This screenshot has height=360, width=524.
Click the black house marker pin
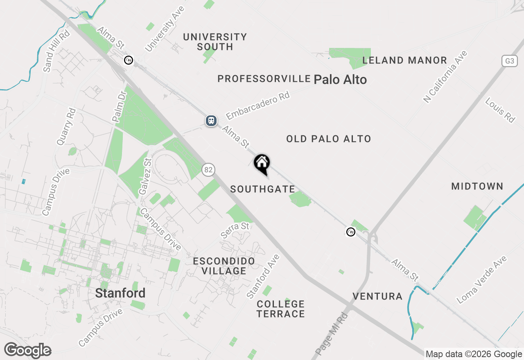tap(262, 164)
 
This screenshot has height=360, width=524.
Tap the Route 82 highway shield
tap(208, 169)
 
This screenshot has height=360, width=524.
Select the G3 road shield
tap(509, 61)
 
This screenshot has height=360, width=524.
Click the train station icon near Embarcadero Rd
tap(211, 121)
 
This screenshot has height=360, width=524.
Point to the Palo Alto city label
tap(340, 79)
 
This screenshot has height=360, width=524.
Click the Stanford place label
tap(120, 293)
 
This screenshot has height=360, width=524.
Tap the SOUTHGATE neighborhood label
tap(262, 189)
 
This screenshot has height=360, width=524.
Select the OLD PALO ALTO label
tap(328, 139)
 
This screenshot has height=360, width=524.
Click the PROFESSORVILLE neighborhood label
tap(264, 79)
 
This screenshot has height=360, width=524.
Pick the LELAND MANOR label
tap(404, 61)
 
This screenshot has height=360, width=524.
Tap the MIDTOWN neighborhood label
tap(477, 187)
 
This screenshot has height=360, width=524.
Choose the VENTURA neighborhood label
tap(377, 296)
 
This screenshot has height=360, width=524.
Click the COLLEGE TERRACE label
tap(280, 309)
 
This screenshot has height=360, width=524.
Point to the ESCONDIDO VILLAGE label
tap(224, 266)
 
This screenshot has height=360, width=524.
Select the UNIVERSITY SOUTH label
tap(215, 42)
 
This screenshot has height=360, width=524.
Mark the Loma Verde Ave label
tap(482, 280)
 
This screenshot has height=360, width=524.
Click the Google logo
tap(27, 351)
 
